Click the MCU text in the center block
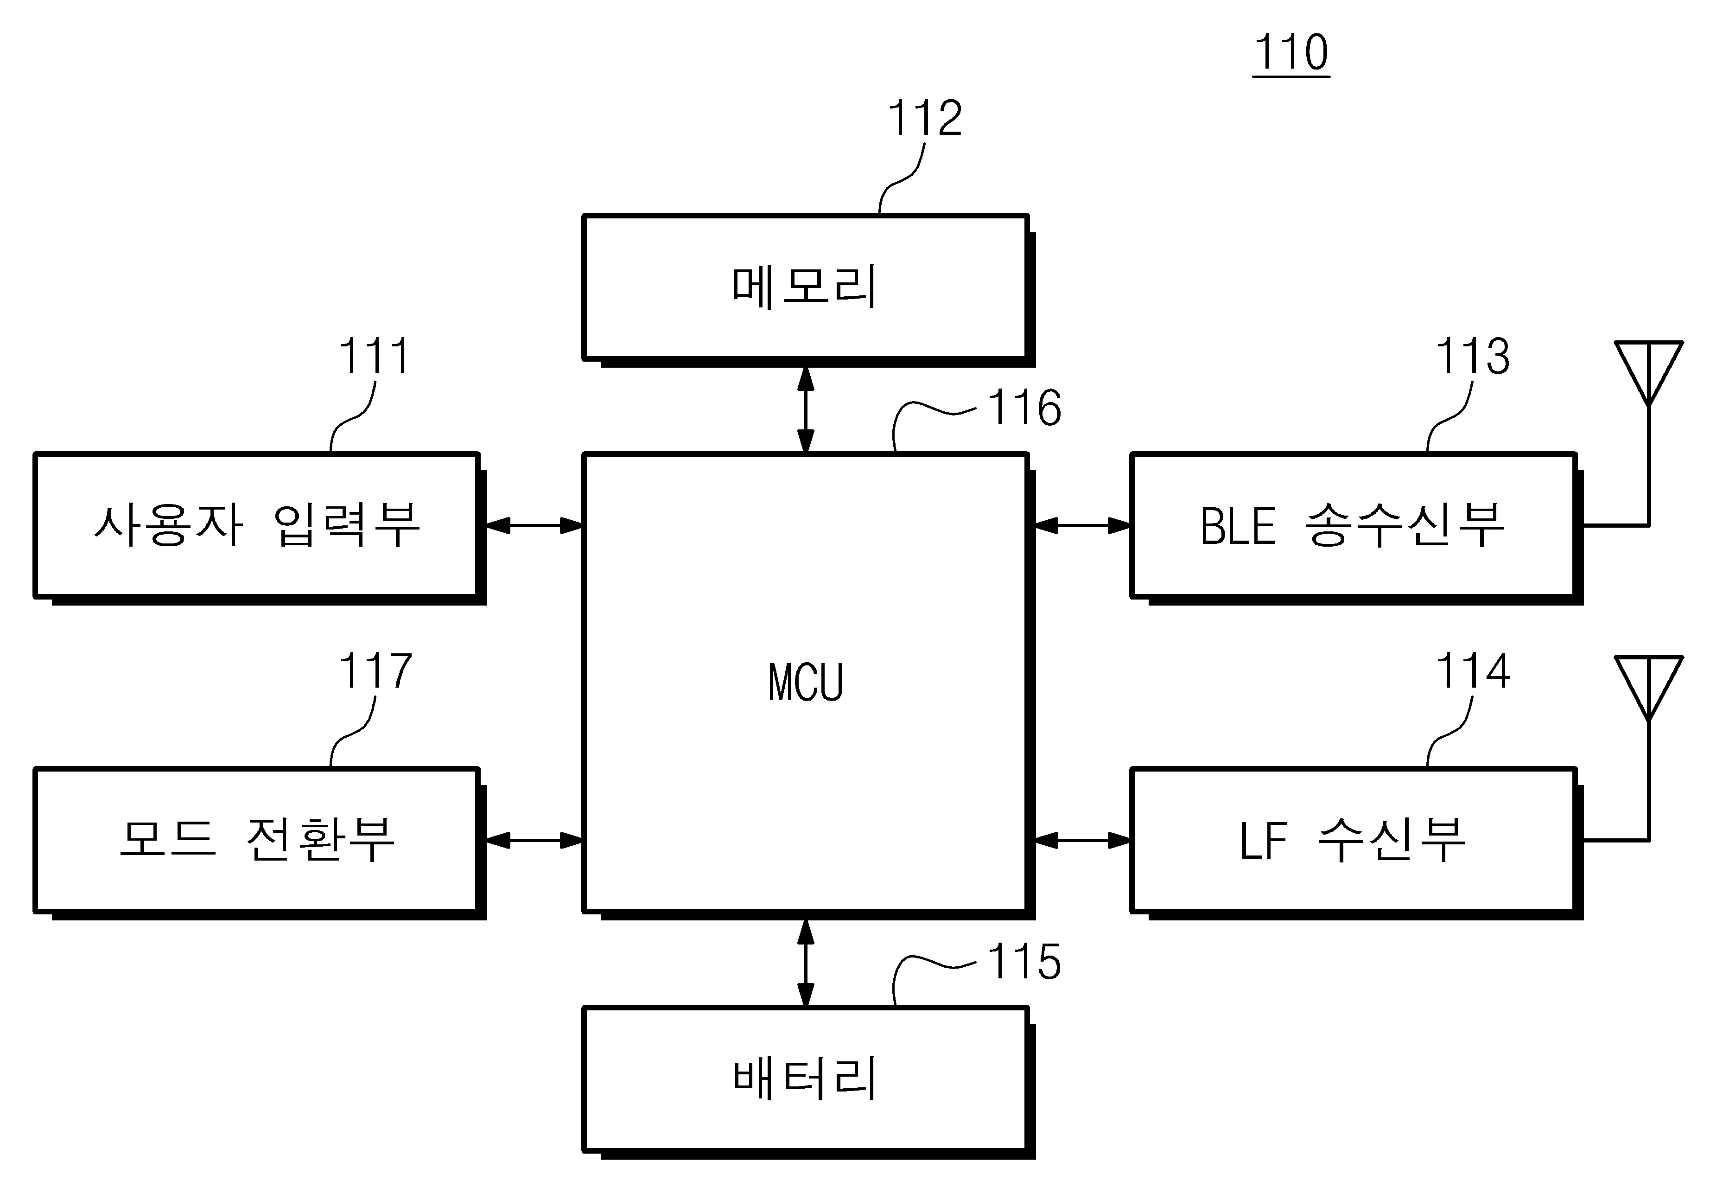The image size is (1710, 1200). (x=805, y=683)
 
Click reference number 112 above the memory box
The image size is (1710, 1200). (x=925, y=118)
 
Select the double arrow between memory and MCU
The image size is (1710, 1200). (x=806, y=410)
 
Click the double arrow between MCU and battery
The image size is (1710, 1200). (x=806, y=963)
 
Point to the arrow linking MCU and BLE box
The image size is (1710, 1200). (x=1083, y=526)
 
